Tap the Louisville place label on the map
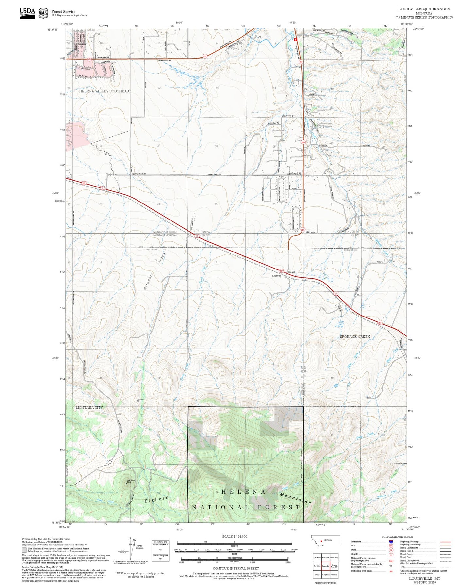pyautogui.click(x=277, y=276)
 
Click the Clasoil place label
pyautogui.click(x=291, y=272)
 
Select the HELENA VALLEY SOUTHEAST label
pyautogui.click(x=105, y=91)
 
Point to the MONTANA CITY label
pyautogui.click(x=89, y=408)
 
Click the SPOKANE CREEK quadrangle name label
pyautogui.click(x=355, y=336)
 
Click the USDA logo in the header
pyautogui.click(x=27, y=13)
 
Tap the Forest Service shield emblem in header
pyautogui.click(x=43, y=13)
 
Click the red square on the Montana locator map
pyautogui.click(x=322, y=540)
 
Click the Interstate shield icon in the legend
pyautogui.click(x=391, y=541)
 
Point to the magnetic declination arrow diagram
pyautogui.click(x=131, y=549)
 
